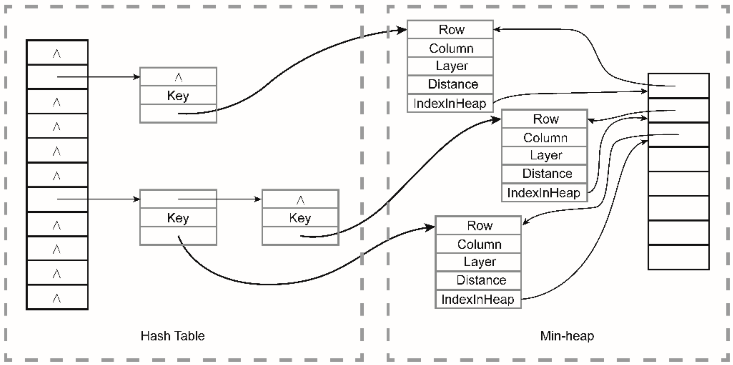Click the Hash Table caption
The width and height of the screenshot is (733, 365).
click(173, 336)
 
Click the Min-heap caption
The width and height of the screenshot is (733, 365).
click(567, 336)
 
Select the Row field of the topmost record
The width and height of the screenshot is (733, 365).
click(450, 29)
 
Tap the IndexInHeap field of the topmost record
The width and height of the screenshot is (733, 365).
click(450, 103)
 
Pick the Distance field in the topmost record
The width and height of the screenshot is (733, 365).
click(450, 85)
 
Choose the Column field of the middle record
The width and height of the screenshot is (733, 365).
click(545, 137)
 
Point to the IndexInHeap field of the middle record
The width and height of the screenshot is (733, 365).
click(545, 192)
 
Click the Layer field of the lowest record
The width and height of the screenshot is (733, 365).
click(478, 262)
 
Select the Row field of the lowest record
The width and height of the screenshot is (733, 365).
click(478, 225)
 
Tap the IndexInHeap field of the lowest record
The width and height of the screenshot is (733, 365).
click(478, 299)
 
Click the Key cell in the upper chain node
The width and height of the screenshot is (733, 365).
click(178, 95)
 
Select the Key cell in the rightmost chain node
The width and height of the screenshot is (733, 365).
click(301, 217)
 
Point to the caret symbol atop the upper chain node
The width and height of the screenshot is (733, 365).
click(178, 77)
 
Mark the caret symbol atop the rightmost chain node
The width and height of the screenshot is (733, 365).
click(301, 200)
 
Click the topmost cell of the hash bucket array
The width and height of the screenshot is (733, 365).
click(57, 52)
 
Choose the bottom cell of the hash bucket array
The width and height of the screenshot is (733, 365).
click(57, 297)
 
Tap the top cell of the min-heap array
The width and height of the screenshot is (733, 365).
click(679, 86)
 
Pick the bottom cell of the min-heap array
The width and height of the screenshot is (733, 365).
click(679, 257)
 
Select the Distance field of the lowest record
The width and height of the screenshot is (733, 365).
click(478, 280)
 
